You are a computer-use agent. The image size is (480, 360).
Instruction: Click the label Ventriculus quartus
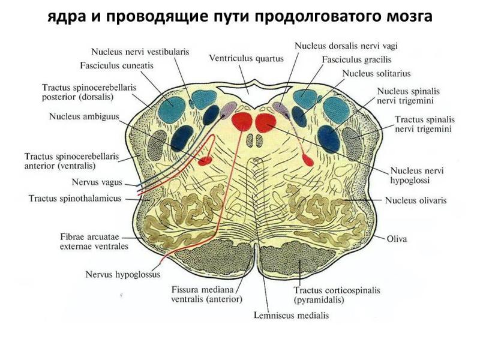[247, 58]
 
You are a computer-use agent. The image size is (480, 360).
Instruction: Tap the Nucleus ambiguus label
[84, 116]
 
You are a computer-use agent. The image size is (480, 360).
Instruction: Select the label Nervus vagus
[97, 182]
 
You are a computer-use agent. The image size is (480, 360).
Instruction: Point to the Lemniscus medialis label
[292, 316]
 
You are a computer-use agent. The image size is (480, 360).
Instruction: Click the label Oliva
[397, 239]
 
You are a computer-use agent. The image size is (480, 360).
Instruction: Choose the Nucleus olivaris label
[416, 200]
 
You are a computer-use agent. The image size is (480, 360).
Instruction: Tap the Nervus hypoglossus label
[123, 274]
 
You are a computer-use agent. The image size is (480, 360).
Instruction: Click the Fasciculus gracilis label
[356, 59]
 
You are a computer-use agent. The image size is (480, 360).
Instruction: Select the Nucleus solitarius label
[376, 73]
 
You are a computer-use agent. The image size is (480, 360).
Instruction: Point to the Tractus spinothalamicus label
[75, 199]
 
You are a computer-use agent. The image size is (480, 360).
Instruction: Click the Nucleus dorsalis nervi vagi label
[346, 46]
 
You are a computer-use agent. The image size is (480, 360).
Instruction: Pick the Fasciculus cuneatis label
[116, 65]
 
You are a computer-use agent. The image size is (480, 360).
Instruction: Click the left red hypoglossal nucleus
[242, 121]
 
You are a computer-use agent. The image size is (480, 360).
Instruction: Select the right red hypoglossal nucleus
[265, 122]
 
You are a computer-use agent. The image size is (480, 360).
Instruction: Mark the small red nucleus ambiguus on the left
[205, 160]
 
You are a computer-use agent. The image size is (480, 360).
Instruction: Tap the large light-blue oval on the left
[172, 110]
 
